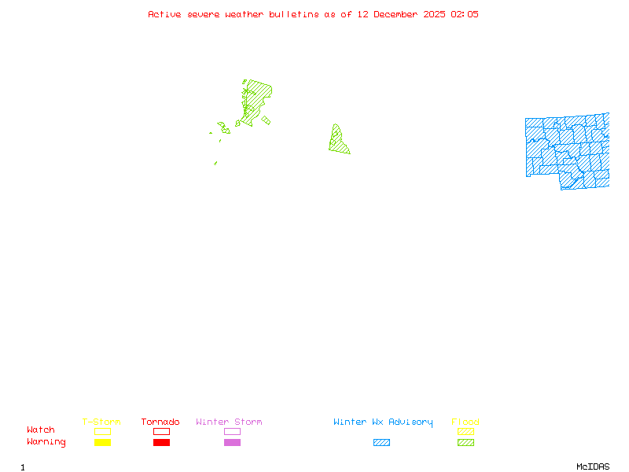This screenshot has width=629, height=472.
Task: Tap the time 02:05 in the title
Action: pyautogui.click(x=464, y=14)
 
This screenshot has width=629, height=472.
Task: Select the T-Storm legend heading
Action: pyautogui.click(x=101, y=422)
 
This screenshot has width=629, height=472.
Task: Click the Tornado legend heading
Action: pyautogui.click(x=160, y=422)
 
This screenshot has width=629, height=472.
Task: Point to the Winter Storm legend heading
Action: pyautogui.click(x=229, y=422)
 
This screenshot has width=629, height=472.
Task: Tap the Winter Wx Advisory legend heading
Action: pyautogui.click(x=383, y=422)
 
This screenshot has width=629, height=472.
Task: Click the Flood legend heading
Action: pyautogui.click(x=465, y=422)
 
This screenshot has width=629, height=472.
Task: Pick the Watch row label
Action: pyautogui.click(x=41, y=430)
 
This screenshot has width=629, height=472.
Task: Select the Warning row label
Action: pyautogui.click(x=46, y=442)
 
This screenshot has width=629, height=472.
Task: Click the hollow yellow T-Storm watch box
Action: pyautogui.click(x=102, y=431)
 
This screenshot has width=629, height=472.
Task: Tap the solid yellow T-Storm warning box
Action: pyautogui.click(x=102, y=442)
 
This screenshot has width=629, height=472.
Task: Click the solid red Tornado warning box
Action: pyautogui.click(x=161, y=442)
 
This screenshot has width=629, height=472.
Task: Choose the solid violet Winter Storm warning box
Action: pyautogui.click(x=232, y=442)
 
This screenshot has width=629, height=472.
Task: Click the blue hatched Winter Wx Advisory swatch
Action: pyautogui.click(x=381, y=442)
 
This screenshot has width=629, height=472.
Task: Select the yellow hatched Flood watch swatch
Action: pyautogui.click(x=465, y=431)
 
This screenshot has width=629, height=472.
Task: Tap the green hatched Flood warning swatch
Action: pyautogui.click(x=465, y=442)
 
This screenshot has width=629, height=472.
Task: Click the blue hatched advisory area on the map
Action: pyautogui.click(x=566, y=149)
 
